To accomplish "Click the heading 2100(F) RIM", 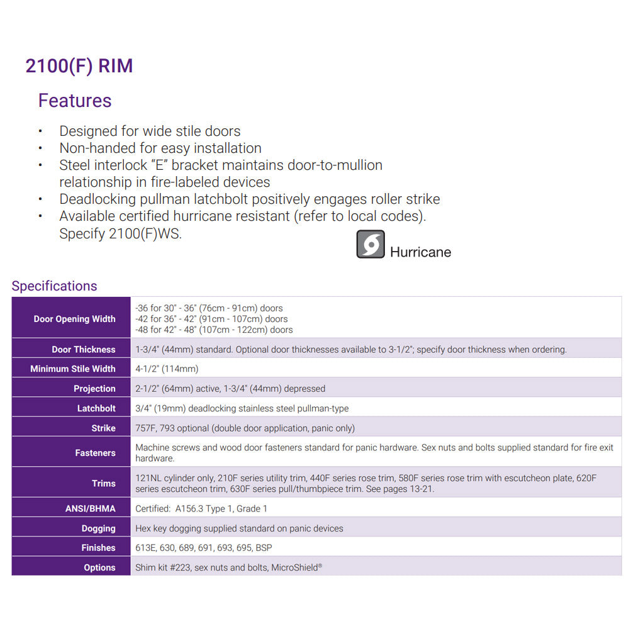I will click(79, 66).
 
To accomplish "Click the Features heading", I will click(75, 101).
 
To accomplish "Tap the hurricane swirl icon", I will click(370, 244).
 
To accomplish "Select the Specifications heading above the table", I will click(54, 286).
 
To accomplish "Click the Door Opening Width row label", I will click(74, 319).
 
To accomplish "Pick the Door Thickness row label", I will click(84, 350).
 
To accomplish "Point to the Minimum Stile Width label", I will click(73, 369).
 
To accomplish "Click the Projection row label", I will click(94, 389).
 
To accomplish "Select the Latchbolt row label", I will click(96, 408).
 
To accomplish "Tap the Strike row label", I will click(103, 428).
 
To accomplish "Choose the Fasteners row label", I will click(95, 453).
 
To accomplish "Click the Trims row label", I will click(104, 484).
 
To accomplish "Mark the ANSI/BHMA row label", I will click(91, 508).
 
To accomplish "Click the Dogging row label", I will click(98, 528).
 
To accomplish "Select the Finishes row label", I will click(98, 548).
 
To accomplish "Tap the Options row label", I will click(99, 567).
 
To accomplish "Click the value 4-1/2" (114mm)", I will click(167, 369).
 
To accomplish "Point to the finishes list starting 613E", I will click(204, 548).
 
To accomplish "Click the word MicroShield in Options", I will click(294, 567).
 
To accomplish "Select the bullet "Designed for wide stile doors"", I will click(150, 131).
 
